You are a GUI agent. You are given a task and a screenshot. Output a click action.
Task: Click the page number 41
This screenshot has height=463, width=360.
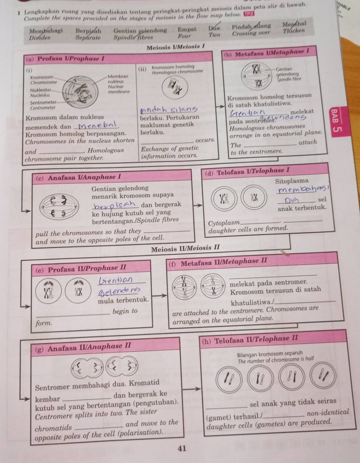coord(182,448)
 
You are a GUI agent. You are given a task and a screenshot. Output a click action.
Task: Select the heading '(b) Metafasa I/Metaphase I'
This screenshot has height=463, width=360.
coord(267,52)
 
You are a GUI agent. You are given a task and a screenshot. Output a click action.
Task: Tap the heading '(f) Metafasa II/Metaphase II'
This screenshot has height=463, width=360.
coord(218,262)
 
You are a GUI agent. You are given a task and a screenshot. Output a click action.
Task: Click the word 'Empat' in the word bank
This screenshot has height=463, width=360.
coord(187,30)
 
